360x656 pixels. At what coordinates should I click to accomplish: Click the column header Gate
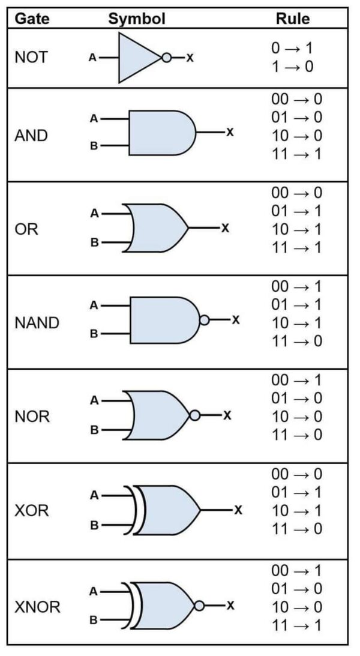click(x=32, y=19)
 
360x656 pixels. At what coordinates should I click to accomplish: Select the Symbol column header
click(x=137, y=19)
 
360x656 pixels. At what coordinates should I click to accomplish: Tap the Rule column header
click(x=293, y=19)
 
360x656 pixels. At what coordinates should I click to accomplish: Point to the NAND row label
click(x=37, y=323)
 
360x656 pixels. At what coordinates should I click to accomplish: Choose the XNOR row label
click(x=37, y=607)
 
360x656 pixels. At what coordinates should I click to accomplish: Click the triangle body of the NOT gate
click(x=135, y=58)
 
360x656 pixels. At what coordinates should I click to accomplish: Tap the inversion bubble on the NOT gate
click(x=166, y=58)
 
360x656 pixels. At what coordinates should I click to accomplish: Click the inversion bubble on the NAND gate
click(x=204, y=320)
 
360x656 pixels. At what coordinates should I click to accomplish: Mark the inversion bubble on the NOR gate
click(x=194, y=415)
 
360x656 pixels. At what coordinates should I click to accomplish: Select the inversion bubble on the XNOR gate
click(x=199, y=605)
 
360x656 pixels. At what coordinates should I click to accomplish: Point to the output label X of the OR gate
click(x=225, y=228)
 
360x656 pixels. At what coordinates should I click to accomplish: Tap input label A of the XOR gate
click(x=94, y=496)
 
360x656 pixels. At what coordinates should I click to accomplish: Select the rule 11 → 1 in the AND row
click(x=296, y=154)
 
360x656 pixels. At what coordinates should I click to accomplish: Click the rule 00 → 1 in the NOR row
click(x=296, y=380)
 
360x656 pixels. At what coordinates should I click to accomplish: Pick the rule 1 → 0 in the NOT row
click(x=292, y=66)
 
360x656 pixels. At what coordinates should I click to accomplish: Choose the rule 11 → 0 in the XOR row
click(x=296, y=529)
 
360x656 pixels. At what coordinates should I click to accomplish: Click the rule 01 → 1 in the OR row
click(x=296, y=211)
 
